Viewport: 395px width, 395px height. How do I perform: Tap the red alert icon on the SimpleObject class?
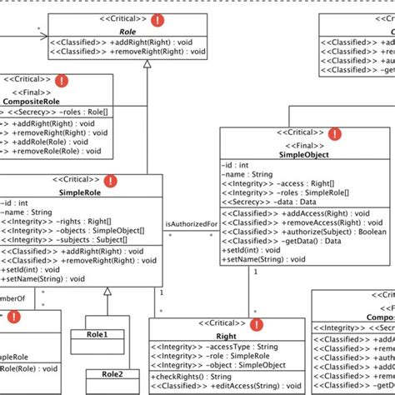pos(335,133)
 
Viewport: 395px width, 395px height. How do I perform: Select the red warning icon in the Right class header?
pos(256,324)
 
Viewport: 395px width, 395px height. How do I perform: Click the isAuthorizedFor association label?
pos(192,224)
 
